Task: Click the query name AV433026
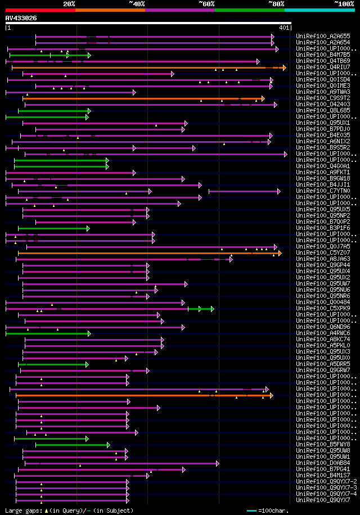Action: tap(21, 18)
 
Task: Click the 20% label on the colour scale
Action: tap(69, 3)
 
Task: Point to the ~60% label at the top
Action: tap(206, 3)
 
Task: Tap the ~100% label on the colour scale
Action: tap(344, 3)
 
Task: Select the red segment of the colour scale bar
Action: tap(40, 10)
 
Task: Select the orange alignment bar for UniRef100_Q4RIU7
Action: tap(141, 67)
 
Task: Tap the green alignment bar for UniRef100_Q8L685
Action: tap(53, 111)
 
